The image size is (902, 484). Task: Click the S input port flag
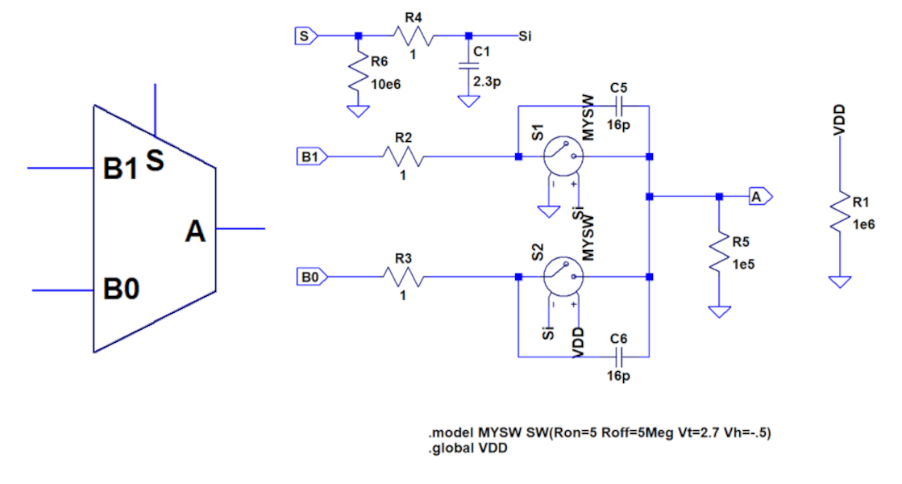click(x=306, y=35)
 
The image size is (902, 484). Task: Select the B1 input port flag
click(x=312, y=156)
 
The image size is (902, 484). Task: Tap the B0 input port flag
click(x=312, y=277)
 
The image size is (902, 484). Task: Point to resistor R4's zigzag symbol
click(x=414, y=35)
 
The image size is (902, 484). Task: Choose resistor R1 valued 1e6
click(x=840, y=211)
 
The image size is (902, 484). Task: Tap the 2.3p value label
click(x=487, y=81)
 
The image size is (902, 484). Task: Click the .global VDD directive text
click(x=468, y=449)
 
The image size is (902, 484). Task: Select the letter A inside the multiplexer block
click(x=196, y=232)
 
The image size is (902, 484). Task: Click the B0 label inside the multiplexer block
click(x=122, y=289)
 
